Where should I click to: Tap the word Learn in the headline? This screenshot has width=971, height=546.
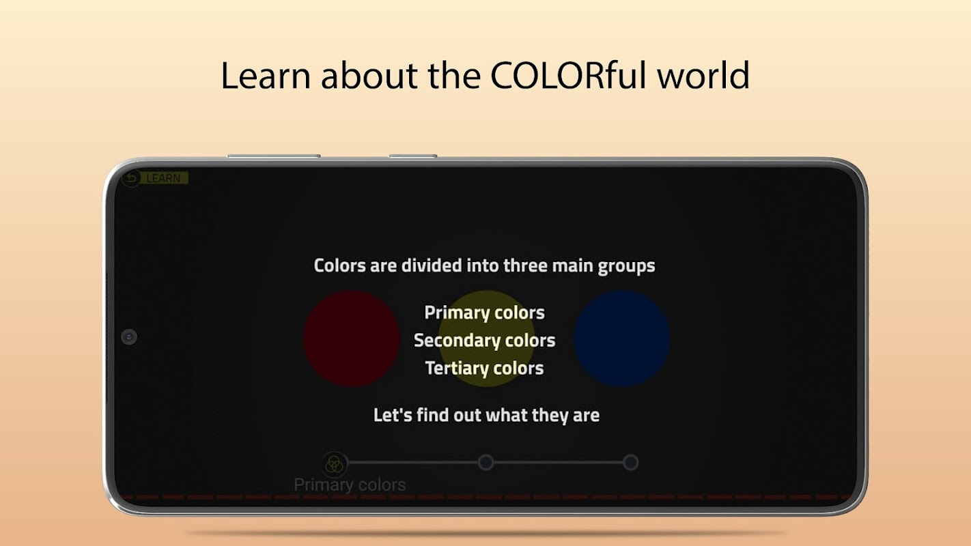(x=266, y=75)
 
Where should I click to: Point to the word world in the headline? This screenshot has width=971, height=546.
(x=703, y=75)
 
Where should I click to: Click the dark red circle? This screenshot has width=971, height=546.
(x=352, y=339)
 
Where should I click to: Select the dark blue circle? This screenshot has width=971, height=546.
(x=622, y=339)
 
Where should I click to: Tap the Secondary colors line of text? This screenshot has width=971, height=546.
(x=485, y=341)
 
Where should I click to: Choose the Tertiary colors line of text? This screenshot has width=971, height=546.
(x=485, y=369)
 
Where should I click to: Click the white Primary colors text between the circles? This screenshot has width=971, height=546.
(x=485, y=313)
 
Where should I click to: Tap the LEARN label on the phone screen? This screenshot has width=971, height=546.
(x=163, y=178)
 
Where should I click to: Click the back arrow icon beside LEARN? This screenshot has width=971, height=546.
(x=131, y=178)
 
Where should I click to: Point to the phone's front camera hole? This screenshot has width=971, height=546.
(x=129, y=336)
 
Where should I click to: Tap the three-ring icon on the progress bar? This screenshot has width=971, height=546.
(x=334, y=464)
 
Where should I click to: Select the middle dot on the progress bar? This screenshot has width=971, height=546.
(x=486, y=462)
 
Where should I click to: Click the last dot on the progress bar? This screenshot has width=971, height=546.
(x=631, y=462)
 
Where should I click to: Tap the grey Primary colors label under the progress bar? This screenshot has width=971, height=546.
(x=350, y=485)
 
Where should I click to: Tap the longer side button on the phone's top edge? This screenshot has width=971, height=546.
(x=274, y=156)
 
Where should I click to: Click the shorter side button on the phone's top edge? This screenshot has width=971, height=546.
(x=412, y=156)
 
